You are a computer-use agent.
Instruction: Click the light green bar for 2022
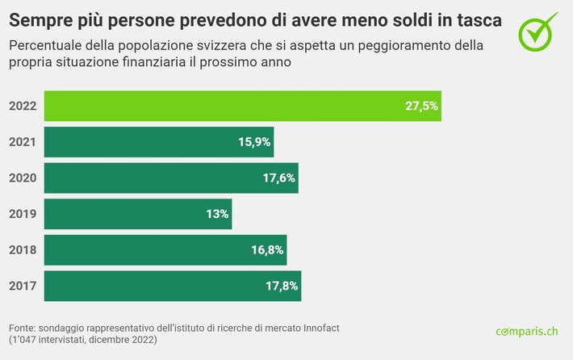(242, 106)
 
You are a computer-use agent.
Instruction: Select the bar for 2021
(158, 142)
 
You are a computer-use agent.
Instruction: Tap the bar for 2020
(171, 178)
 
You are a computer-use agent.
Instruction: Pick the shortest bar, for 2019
(137, 214)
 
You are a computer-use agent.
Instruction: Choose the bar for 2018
(165, 250)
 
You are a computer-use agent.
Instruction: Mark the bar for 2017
(172, 286)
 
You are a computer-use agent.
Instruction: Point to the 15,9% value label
(253, 142)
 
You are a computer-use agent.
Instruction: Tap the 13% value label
(216, 214)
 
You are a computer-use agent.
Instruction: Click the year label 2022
(23, 106)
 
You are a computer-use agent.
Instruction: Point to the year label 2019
(23, 214)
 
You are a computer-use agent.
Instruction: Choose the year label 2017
(23, 286)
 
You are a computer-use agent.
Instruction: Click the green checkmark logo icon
(537, 30)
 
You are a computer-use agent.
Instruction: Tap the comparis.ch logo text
(526, 331)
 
